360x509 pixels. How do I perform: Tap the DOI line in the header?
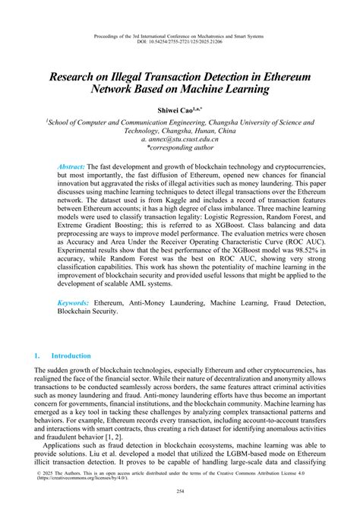tap(180, 42)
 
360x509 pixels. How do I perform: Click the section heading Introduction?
tap(71, 356)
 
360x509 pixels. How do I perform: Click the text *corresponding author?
tap(179, 149)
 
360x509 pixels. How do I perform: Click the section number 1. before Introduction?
tap(38, 356)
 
